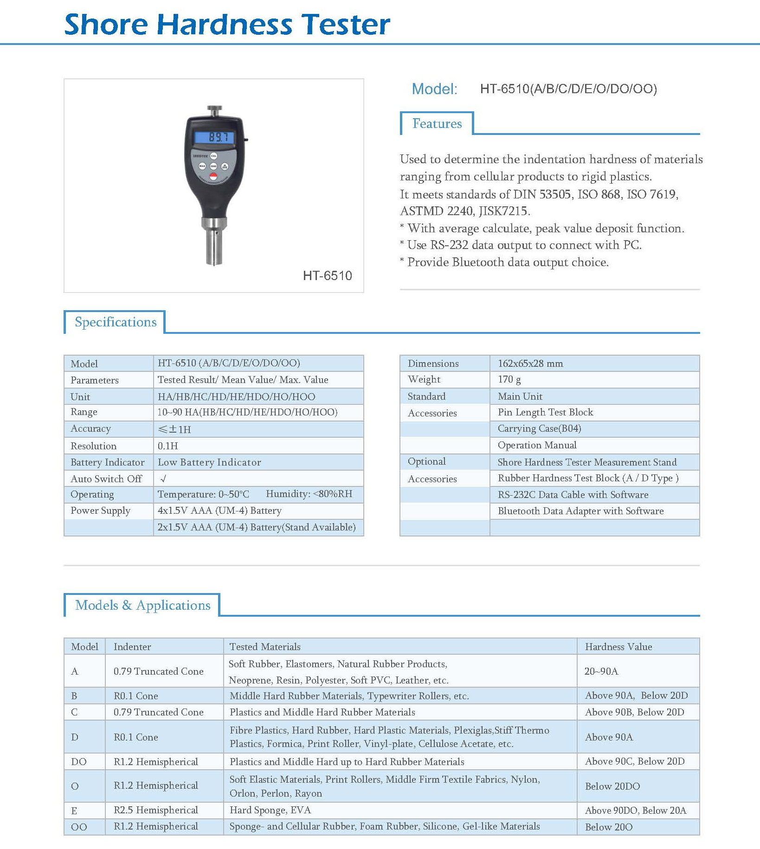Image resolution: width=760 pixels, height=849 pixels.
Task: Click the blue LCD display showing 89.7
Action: [213, 137]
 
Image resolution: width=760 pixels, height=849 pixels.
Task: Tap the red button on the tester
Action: [213, 176]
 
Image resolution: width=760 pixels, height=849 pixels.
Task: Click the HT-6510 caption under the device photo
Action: [327, 276]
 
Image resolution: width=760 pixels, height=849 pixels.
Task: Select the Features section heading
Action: [437, 124]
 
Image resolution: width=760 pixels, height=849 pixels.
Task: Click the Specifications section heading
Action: [116, 322]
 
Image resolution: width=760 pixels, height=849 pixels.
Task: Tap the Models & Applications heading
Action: [142, 605]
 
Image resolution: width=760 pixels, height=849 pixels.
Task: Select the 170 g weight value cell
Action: [509, 379]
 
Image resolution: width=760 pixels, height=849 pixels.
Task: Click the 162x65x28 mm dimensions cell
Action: [530, 364]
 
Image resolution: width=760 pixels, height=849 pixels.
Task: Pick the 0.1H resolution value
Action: [167, 446]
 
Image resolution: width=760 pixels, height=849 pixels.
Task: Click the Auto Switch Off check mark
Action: [163, 479]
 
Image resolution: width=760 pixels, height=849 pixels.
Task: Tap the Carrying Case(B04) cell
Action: [539, 428]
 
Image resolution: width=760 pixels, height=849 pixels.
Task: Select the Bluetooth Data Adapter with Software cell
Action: [580, 511]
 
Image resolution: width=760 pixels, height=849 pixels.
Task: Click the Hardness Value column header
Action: [618, 647]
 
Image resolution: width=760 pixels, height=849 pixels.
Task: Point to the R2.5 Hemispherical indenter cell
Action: [155, 810]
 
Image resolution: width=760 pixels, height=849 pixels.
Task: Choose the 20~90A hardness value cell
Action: [601, 671]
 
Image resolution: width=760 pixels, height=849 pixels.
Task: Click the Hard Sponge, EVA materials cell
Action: [270, 810]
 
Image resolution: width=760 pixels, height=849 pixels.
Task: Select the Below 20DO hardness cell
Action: [612, 786]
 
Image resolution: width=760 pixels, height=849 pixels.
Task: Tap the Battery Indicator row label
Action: [107, 462]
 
